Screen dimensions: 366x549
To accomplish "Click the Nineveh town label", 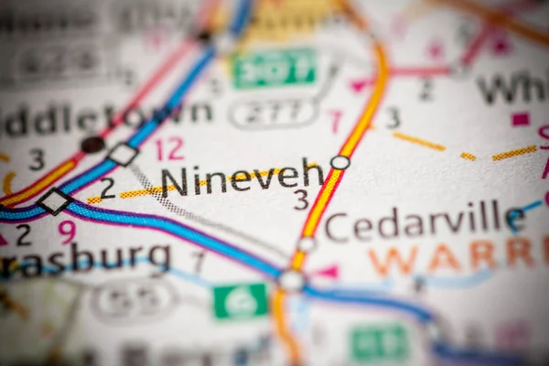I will [x=242, y=178].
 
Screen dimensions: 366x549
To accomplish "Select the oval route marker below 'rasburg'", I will [x=133, y=298].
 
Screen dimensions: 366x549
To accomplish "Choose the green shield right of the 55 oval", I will [x=241, y=301].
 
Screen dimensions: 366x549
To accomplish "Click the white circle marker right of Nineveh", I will [x=340, y=162].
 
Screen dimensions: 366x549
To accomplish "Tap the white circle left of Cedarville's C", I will [x=306, y=245].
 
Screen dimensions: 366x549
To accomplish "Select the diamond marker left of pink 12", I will [x=123, y=154].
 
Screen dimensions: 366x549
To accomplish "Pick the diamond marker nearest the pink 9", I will [x=54, y=201].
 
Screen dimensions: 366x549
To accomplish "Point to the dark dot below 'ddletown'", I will [x=92, y=145].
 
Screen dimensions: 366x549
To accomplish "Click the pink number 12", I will [x=168, y=148].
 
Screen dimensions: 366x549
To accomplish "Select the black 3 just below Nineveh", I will [x=300, y=200].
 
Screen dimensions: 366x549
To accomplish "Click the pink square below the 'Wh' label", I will [x=521, y=120].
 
